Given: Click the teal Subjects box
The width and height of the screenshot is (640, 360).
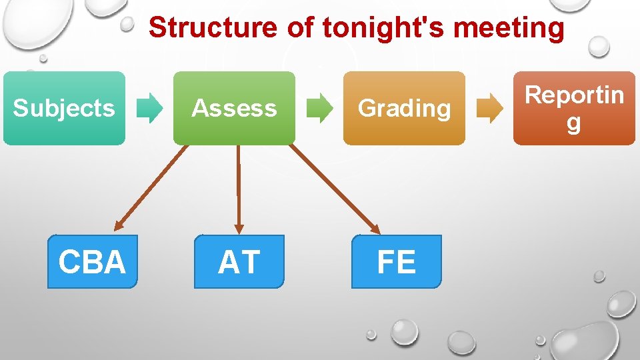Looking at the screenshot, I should [64, 108].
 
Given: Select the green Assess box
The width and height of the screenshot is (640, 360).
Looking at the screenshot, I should [234, 108].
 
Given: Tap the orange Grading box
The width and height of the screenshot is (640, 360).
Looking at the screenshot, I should [404, 108].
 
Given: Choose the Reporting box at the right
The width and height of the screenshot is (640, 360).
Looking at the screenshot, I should [574, 108].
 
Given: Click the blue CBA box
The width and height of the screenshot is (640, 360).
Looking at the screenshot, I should [92, 261].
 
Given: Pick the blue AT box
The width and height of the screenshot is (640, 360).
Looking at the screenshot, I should [239, 261].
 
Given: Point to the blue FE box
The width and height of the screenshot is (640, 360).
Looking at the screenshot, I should [396, 261].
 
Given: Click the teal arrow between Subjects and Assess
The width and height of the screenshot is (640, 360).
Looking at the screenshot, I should [150, 108].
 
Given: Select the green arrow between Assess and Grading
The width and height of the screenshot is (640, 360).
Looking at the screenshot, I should [320, 108].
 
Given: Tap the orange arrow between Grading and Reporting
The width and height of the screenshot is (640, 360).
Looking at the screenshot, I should [490, 108].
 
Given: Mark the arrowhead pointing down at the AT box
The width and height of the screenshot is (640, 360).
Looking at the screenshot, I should [239, 229].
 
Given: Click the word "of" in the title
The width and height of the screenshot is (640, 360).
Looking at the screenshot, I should [300, 28].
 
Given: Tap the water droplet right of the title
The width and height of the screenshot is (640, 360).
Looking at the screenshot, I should [599, 45].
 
